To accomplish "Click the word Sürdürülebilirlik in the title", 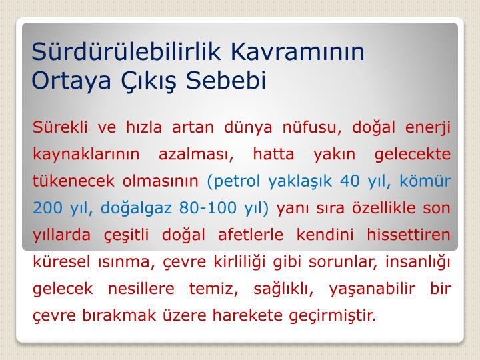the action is coord(126,51).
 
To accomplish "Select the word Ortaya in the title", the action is coord(71,81).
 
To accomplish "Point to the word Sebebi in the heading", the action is coord(226,80).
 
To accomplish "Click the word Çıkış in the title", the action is coord(149,81).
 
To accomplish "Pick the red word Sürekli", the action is coord(60,127).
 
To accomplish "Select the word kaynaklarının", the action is coord(86,154).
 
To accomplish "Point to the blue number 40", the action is coord(349,181).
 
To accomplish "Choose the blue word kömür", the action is coord(425,181).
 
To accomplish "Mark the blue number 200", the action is coord(47,208).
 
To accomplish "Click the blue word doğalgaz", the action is coord(136,208).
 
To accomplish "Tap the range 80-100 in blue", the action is coord(208,208).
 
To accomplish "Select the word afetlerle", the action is coord(251,235).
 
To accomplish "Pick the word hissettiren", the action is coord(409,235).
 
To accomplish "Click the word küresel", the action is coord(61,262).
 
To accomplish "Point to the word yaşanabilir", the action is coord(372,289).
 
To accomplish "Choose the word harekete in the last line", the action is coord(247,315).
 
